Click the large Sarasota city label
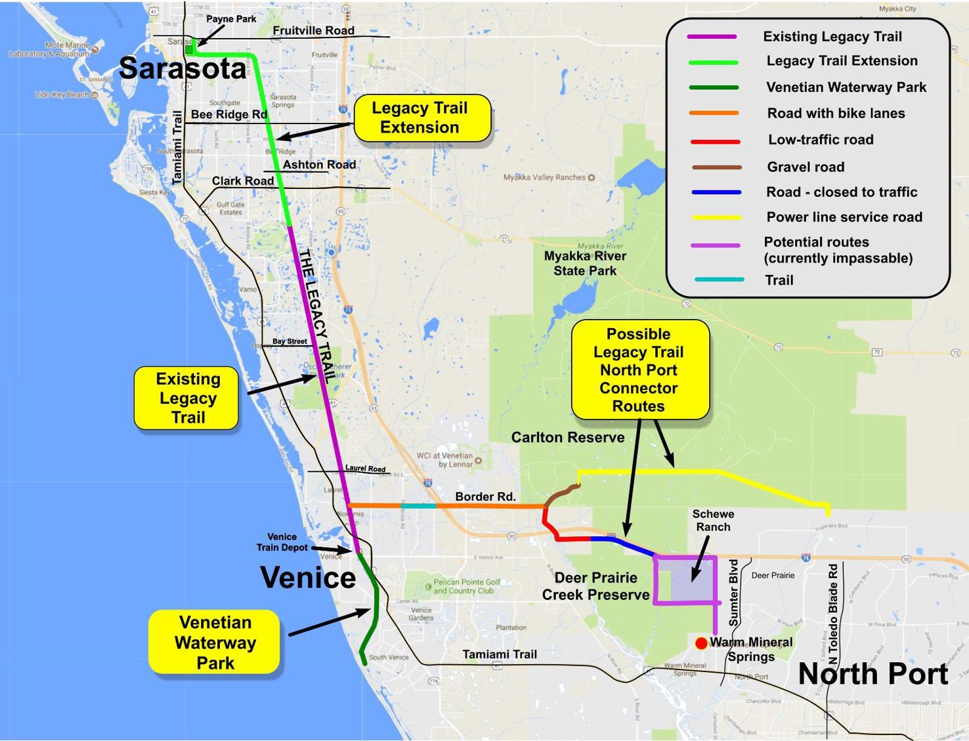183,68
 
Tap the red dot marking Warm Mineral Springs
701,643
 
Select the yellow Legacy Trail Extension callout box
422,118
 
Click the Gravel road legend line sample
716,167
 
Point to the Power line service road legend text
844,217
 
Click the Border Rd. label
485,497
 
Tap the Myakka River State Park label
585,263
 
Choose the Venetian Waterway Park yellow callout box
215,643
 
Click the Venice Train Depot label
282,542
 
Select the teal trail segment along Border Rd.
418,506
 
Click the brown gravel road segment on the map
560,494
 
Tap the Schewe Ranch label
713,520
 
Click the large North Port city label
872,674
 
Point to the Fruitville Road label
313,31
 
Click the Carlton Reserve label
568,438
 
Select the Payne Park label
231,19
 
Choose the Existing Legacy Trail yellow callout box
187,398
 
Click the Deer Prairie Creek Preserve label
595,586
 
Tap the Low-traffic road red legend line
716,141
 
